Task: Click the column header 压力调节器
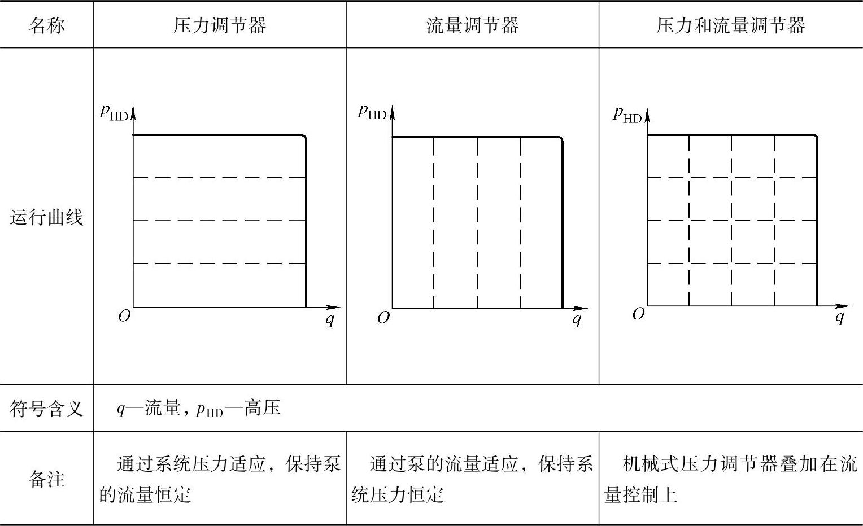coord(220,25)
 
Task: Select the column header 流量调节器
coord(472,25)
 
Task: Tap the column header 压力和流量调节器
coord(730,25)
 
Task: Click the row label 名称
coord(46,25)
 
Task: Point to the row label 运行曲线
coord(46,217)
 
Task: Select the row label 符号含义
coord(46,408)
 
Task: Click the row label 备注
coord(46,479)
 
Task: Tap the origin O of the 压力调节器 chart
coord(124,316)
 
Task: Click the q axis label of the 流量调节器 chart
coord(577,320)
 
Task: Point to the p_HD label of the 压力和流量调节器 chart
coord(627,115)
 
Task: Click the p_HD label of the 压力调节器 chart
coord(114,112)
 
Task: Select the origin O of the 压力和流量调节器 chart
coord(638,314)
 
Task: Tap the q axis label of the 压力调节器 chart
coord(330,320)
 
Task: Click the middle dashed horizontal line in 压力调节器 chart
coord(219,221)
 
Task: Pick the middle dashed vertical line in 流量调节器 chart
coord(477,222)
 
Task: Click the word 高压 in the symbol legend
coord(263,408)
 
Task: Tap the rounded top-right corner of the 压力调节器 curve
coord(304,137)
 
